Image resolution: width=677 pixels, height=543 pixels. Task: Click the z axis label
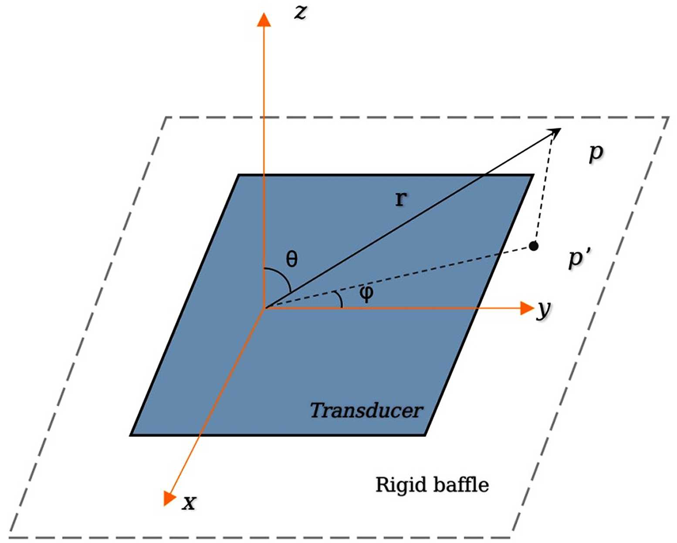(300, 12)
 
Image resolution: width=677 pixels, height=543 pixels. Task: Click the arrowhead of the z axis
(264, 20)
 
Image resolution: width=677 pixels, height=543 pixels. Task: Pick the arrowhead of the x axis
(169, 498)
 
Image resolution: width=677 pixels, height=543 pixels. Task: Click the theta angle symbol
(291, 259)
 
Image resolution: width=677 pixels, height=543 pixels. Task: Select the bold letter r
(400, 199)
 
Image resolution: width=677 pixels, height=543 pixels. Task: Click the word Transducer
(366, 410)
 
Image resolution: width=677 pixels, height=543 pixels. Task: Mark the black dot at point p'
(533, 246)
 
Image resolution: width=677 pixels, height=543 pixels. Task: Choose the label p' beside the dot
(579, 258)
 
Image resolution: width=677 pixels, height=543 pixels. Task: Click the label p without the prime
(596, 153)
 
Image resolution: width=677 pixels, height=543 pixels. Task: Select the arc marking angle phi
(338, 300)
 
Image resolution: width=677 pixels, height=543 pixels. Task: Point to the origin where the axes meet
(264, 308)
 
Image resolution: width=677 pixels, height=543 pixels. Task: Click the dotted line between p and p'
(544, 187)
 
